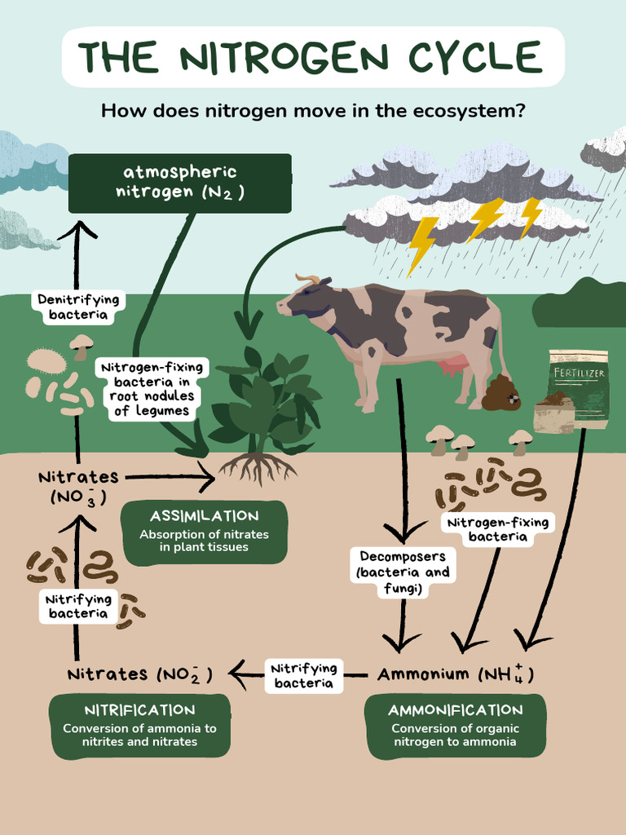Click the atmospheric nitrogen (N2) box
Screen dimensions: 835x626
click(x=179, y=183)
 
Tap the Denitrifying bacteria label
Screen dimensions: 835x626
click(x=78, y=307)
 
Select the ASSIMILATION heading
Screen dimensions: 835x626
click(x=204, y=516)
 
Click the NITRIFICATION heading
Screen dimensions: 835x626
click(x=140, y=710)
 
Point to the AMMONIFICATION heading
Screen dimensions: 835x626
click(x=455, y=710)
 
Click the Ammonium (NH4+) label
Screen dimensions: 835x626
click(x=455, y=674)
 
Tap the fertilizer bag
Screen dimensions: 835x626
click(x=579, y=387)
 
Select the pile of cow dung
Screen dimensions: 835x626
click(x=500, y=394)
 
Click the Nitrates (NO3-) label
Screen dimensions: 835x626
click(x=78, y=486)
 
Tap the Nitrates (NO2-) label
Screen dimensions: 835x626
click(x=139, y=674)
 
